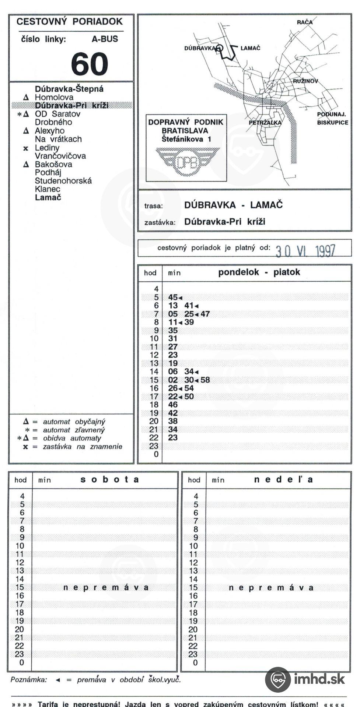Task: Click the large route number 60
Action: (x=90, y=64)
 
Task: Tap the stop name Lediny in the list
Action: (x=47, y=148)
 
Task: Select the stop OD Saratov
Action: (x=57, y=114)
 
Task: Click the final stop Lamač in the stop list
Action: (x=48, y=197)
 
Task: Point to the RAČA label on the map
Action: (x=305, y=22)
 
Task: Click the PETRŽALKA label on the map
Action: (x=265, y=123)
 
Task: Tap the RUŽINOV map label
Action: (x=305, y=81)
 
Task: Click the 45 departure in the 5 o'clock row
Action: (x=173, y=297)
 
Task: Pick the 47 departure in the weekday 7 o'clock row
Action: (x=205, y=314)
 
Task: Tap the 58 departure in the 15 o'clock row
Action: (x=205, y=380)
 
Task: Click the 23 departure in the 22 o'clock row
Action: (x=173, y=438)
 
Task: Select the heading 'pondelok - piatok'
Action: (x=259, y=272)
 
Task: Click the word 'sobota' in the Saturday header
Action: (x=109, y=479)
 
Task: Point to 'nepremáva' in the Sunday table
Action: (x=271, y=588)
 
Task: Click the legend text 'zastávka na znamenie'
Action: (x=83, y=447)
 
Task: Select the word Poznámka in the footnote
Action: (x=29, y=680)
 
